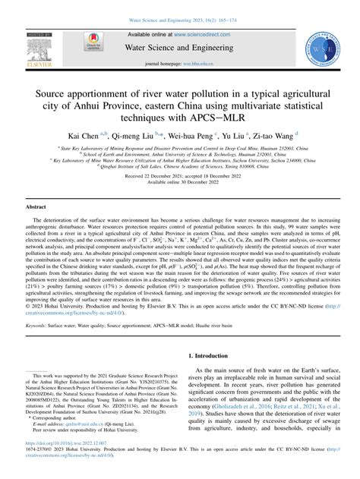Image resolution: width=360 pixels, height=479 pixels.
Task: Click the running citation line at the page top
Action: (180, 6)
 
